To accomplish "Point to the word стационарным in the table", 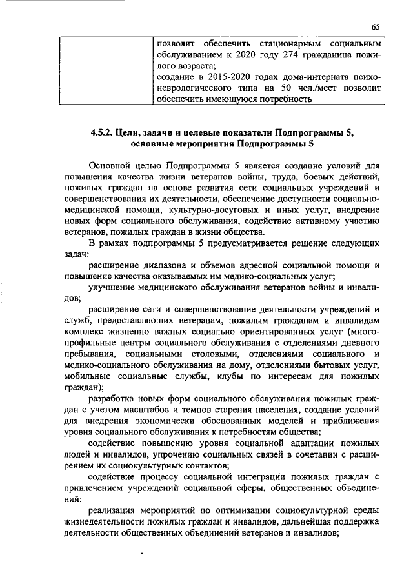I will coord(283,43).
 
